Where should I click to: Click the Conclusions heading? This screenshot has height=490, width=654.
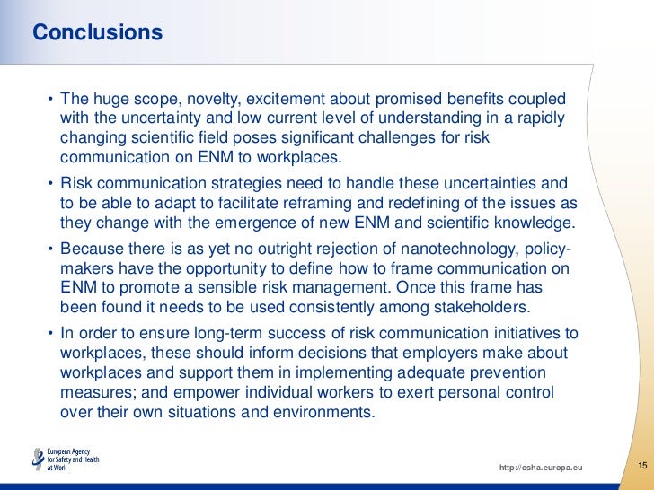point(97,33)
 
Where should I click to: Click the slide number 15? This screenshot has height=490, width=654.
point(642,465)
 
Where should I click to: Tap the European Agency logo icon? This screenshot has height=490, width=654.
point(37,459)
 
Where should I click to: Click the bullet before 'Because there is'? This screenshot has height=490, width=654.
point(49,249)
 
